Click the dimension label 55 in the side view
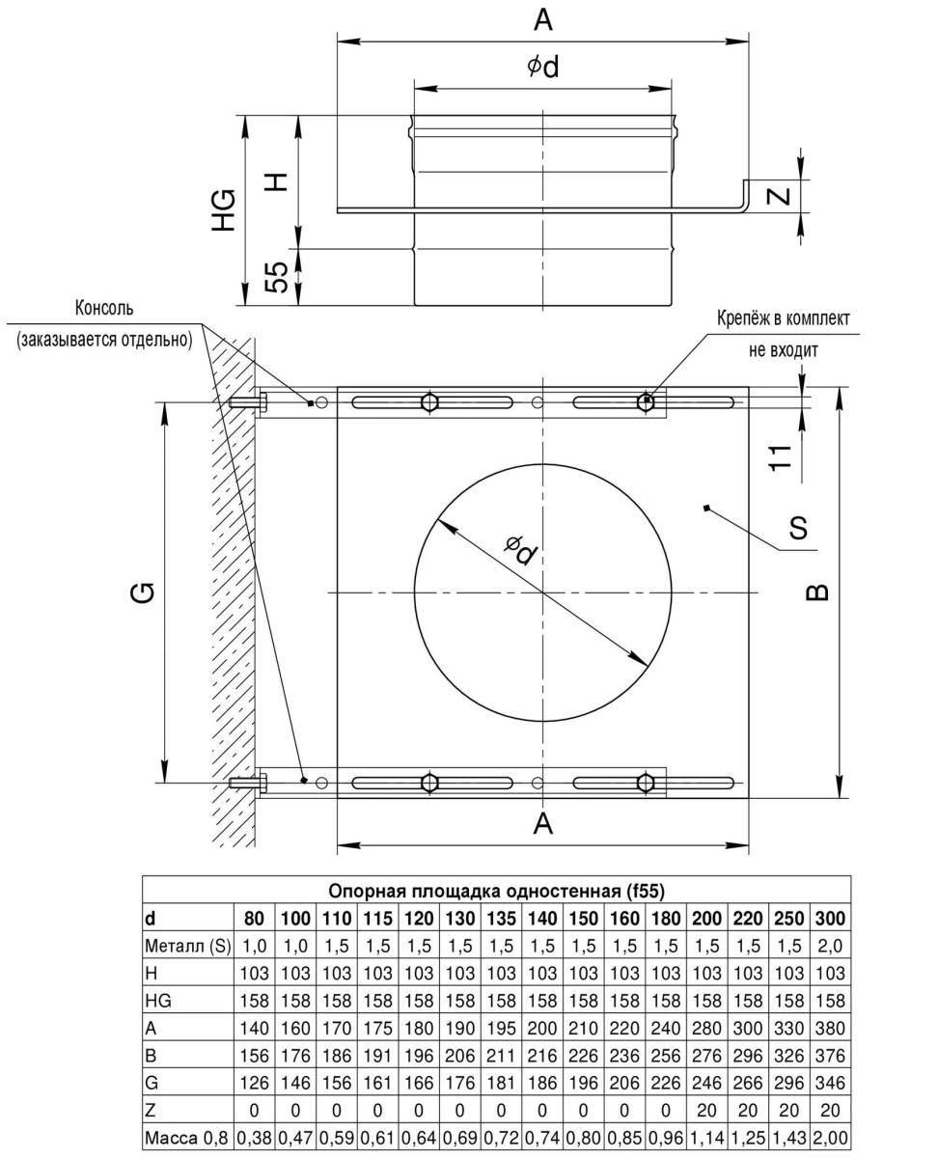pyautogui.click(x=277, y=278)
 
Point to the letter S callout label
pyautogui.click(x=798, y=528)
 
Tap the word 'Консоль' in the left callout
pyautogui.click(x=105, y=309)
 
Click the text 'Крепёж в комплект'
pyautogui.click(x=783, y=317)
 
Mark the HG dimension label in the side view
pyautogui.click(x=224, y=209)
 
